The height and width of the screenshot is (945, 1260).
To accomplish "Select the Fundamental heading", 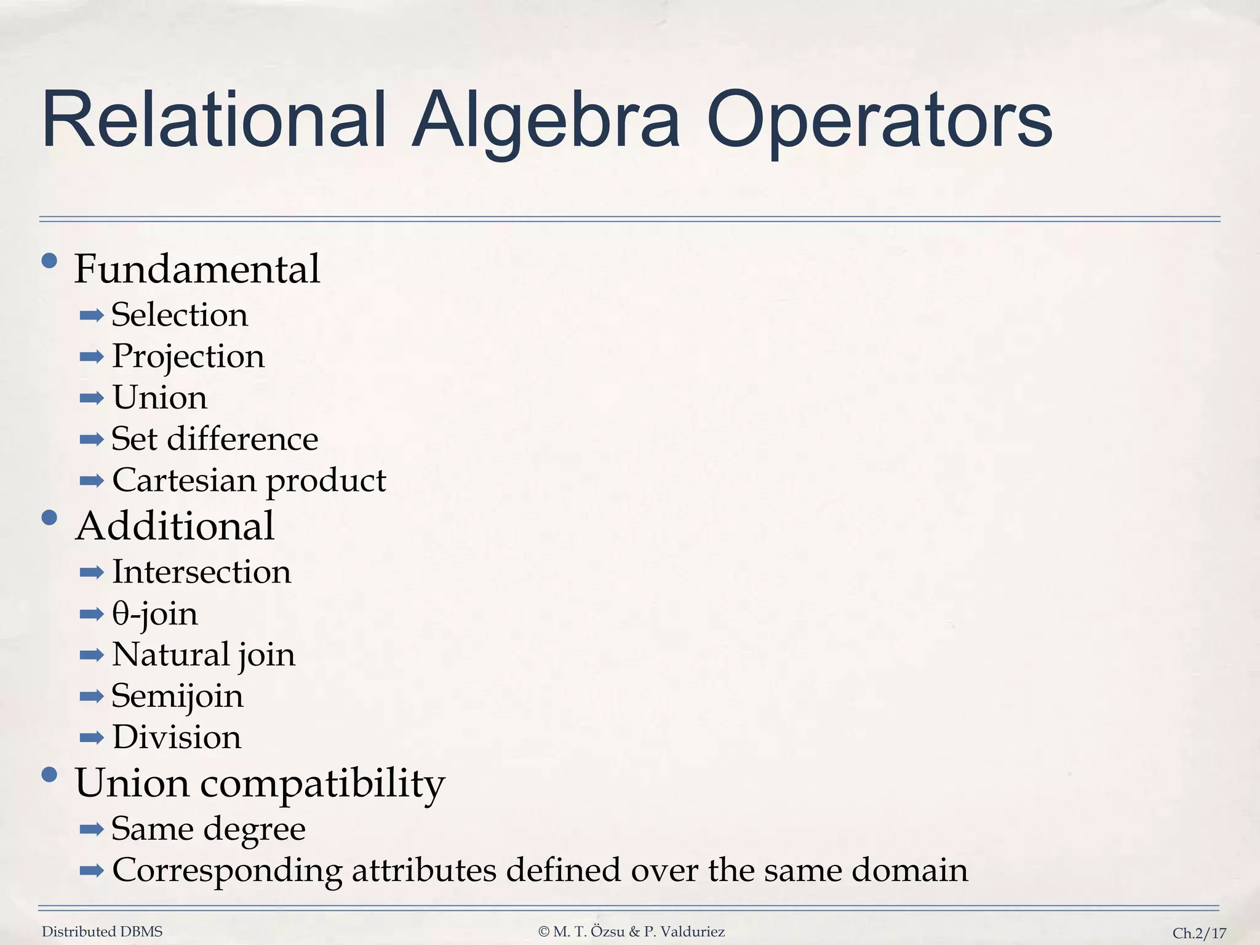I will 197,269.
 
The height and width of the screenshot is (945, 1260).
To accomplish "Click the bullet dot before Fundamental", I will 49,262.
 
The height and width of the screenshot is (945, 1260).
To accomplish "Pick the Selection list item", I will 180,315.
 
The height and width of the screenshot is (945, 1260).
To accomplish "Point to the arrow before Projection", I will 92,357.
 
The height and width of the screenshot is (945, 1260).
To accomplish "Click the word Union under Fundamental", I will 160,397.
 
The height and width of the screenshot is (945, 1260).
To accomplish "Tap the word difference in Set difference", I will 242,439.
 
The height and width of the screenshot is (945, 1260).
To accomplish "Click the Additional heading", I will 175,527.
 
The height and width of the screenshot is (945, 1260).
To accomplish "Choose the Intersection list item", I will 201,572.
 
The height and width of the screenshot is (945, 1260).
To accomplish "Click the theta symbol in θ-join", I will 120,614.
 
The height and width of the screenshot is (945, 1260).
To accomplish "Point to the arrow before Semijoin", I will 92,696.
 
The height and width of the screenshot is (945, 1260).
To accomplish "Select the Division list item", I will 177,737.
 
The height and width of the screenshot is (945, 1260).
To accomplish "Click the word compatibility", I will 322,784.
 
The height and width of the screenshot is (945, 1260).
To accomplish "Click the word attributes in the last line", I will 424,870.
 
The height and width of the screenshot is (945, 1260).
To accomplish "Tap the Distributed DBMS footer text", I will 102,931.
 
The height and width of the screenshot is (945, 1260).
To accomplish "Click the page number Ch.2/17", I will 1199,933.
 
